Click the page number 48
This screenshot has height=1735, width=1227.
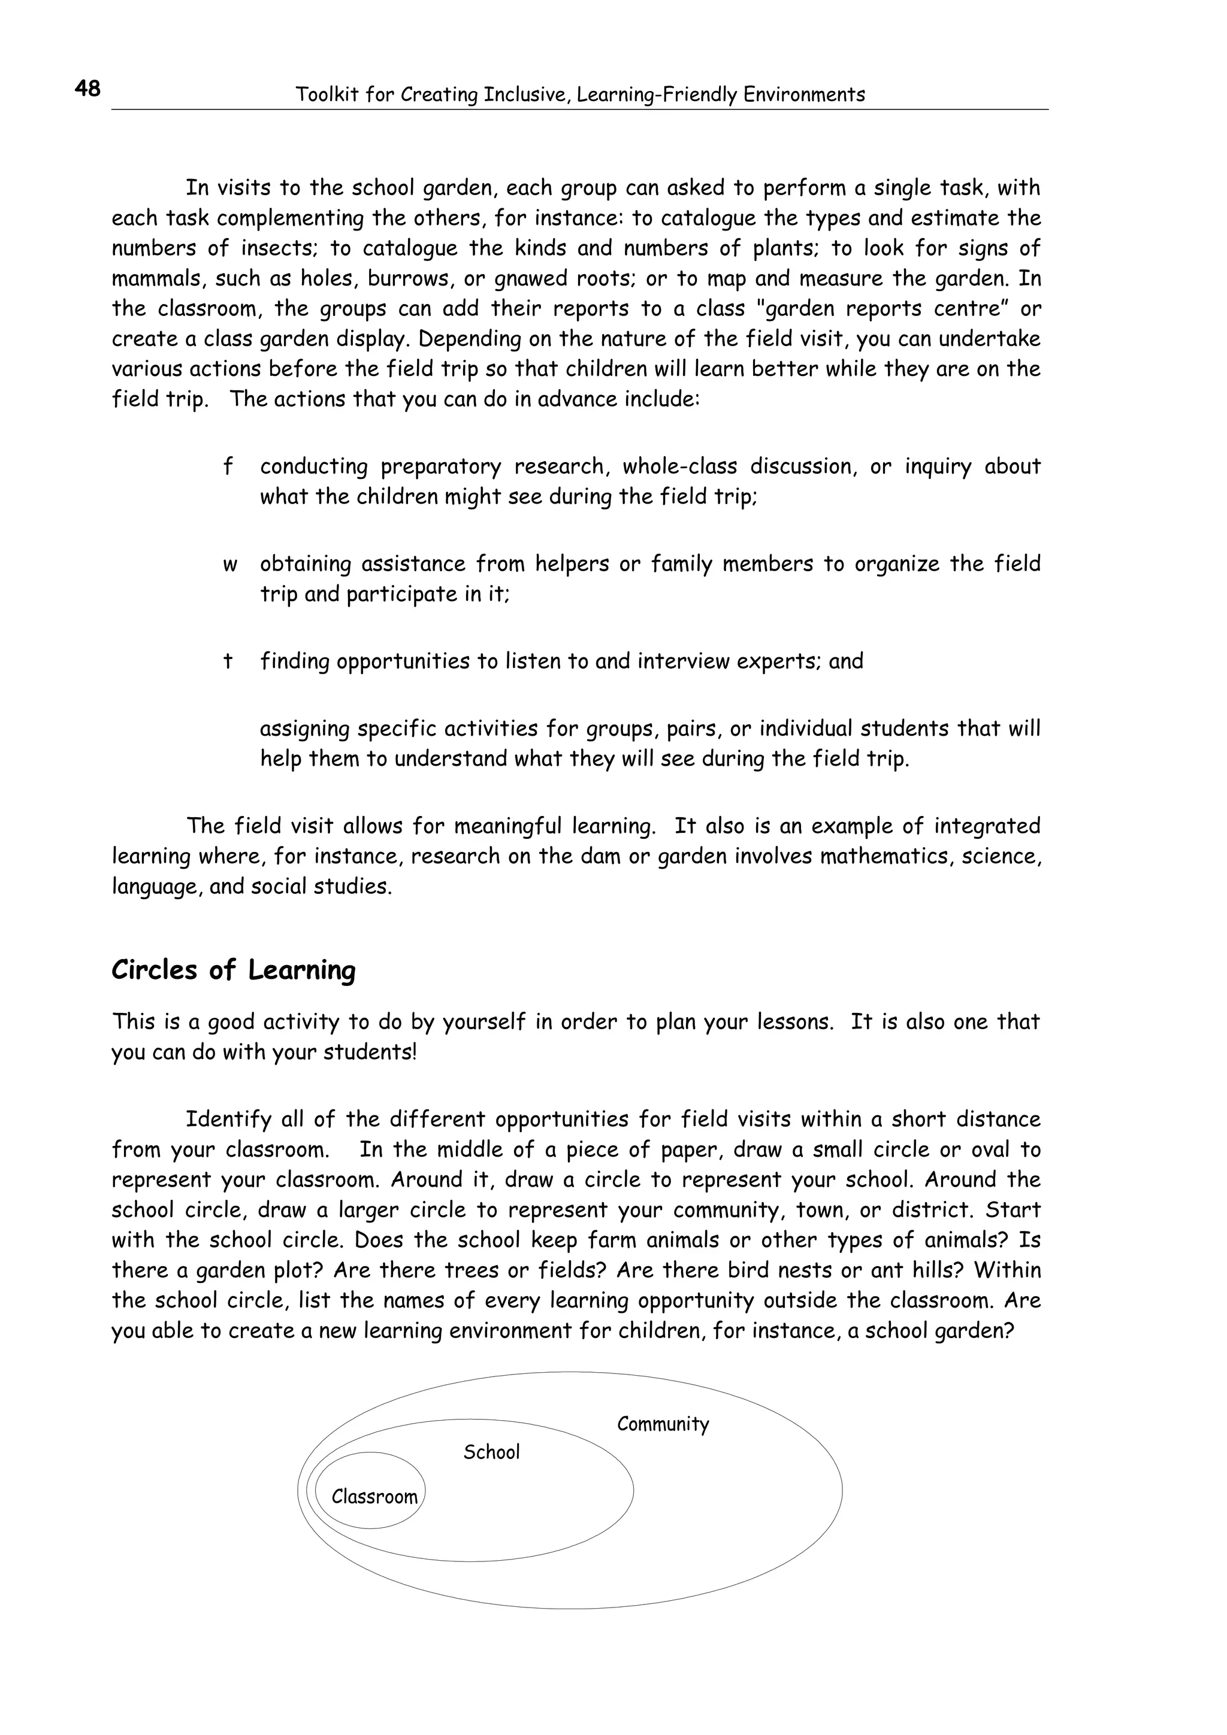[87, 89]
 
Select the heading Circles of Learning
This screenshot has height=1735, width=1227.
[233, 969]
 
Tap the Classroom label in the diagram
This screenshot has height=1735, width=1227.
[374, 1496]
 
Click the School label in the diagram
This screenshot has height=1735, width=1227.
[491, 1452]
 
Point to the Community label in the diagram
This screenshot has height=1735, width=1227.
[663, 1424]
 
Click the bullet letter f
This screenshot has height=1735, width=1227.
[228, 466]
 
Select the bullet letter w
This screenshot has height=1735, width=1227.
[230, 565]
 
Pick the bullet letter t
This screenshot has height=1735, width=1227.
[227, 661]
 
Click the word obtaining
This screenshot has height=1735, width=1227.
[306, 564]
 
